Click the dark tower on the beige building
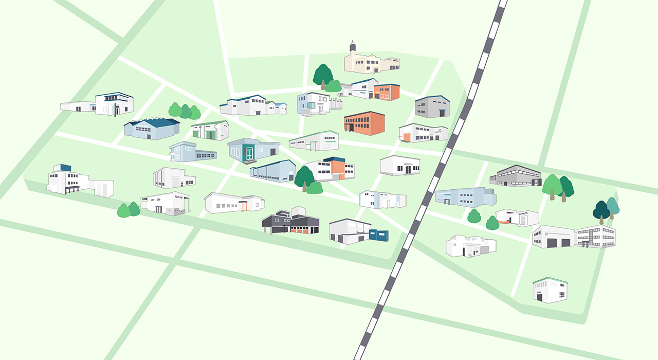click(352, 48)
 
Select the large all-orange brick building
click(364, 123)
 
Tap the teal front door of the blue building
click(249, 153)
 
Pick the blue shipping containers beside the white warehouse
click(379, 236)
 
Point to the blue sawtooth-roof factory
click(152, 129)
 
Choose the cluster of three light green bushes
click(185, 111)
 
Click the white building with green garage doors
click(210, 131)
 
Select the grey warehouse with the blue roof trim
click(432, 106)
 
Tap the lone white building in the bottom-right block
click(550, 290)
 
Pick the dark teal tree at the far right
click(601, 211)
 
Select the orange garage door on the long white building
click(407, 137)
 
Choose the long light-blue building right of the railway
click(465, 196)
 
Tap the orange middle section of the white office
click(337, 169)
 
